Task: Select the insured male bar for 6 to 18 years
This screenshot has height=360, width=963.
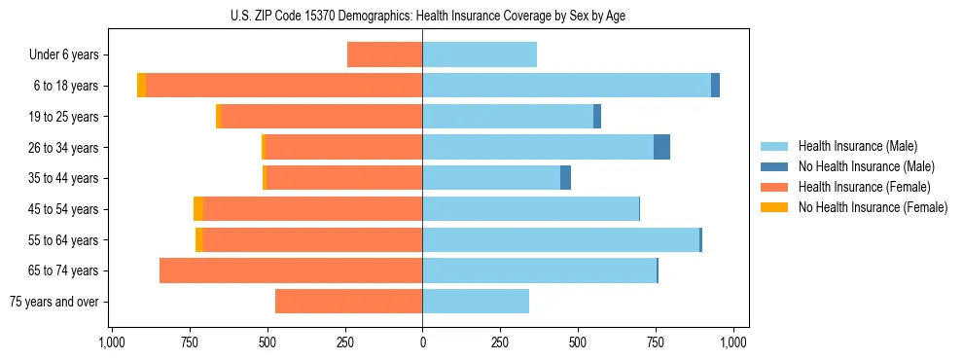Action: coord(566,86)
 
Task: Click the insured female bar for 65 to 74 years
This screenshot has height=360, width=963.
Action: coord(291,270)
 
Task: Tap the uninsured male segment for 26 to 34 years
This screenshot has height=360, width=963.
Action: coord(661,147)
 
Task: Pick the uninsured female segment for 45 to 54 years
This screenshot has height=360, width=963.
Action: coord(198,209)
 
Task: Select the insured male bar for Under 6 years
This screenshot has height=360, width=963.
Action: coord(480,55)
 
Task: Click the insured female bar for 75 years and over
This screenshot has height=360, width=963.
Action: coord(348,302)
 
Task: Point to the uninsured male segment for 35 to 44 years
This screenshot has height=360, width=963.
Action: coord(565,178)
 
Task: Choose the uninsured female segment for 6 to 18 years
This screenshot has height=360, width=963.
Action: coord(142,86)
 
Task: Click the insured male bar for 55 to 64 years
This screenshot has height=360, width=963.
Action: coord(560,239)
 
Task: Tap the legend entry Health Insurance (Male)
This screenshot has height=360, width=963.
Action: coord(857,146)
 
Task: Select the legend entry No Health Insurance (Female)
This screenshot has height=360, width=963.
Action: coord(873,207)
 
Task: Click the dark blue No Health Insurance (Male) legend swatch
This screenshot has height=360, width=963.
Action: coord(774,166)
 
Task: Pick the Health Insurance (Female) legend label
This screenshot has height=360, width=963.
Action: coord(864,187)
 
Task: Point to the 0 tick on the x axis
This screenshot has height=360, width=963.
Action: coord(422,342)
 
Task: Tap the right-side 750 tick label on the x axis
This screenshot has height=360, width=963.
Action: coord(656,342)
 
